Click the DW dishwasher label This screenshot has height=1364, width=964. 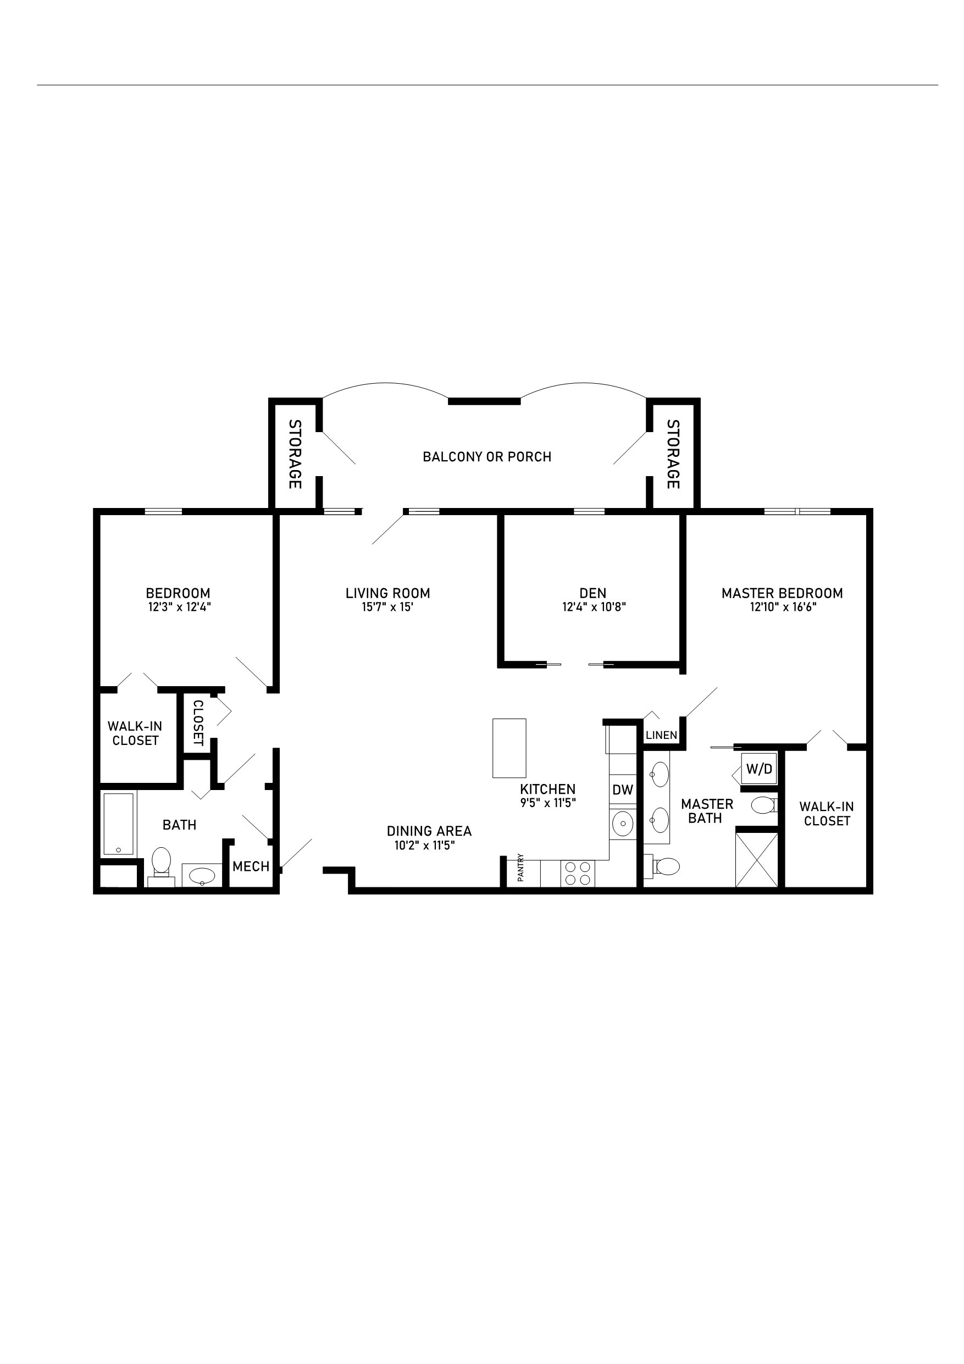(x=623, y=790)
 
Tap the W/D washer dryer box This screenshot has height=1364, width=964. (x=758, y=769)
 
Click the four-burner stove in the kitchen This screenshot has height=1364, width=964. (x=578, y=873)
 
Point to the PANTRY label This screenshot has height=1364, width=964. (x=520, y=868)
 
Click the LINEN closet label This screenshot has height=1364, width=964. (x=661, y=736)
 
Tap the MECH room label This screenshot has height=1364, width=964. (x=251, y=867)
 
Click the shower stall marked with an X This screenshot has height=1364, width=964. (x=756, y=860)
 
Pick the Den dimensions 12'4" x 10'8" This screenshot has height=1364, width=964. (x=594, y=607)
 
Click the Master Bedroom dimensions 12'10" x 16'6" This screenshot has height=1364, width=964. (x=782, y=607)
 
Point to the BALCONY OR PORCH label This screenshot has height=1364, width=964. (x=487, y=457)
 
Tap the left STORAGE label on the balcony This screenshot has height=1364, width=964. (x=295, y=455)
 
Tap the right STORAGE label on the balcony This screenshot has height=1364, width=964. (x=672, y=455)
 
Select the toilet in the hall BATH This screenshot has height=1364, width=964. (x=161, y=862)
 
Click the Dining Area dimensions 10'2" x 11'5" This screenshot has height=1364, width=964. (x=425, y=846)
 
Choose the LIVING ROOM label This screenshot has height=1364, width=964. (x=388, y=593)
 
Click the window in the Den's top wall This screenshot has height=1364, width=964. (x=589, y=511)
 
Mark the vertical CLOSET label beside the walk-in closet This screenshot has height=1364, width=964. (x=198, y=722)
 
